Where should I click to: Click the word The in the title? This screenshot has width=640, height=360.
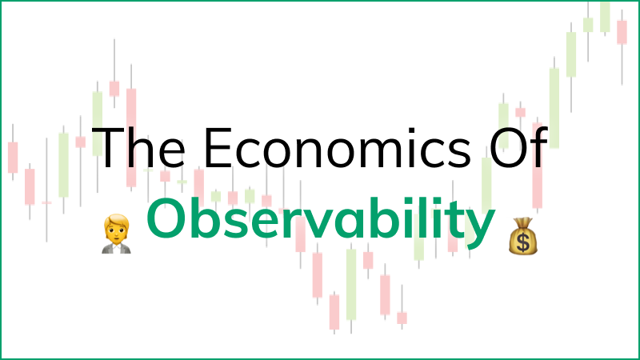tap(138, 147)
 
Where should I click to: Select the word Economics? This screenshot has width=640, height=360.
tap(337, 147)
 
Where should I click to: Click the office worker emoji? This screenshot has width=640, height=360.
tap(116, 234)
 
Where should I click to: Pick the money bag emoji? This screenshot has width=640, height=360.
tap(523, 236)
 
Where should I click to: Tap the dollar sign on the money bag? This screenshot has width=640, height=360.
tap(523, 242)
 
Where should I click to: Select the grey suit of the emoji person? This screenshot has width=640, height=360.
tap(116, 249)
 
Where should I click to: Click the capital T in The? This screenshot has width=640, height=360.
tap(108, 147)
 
